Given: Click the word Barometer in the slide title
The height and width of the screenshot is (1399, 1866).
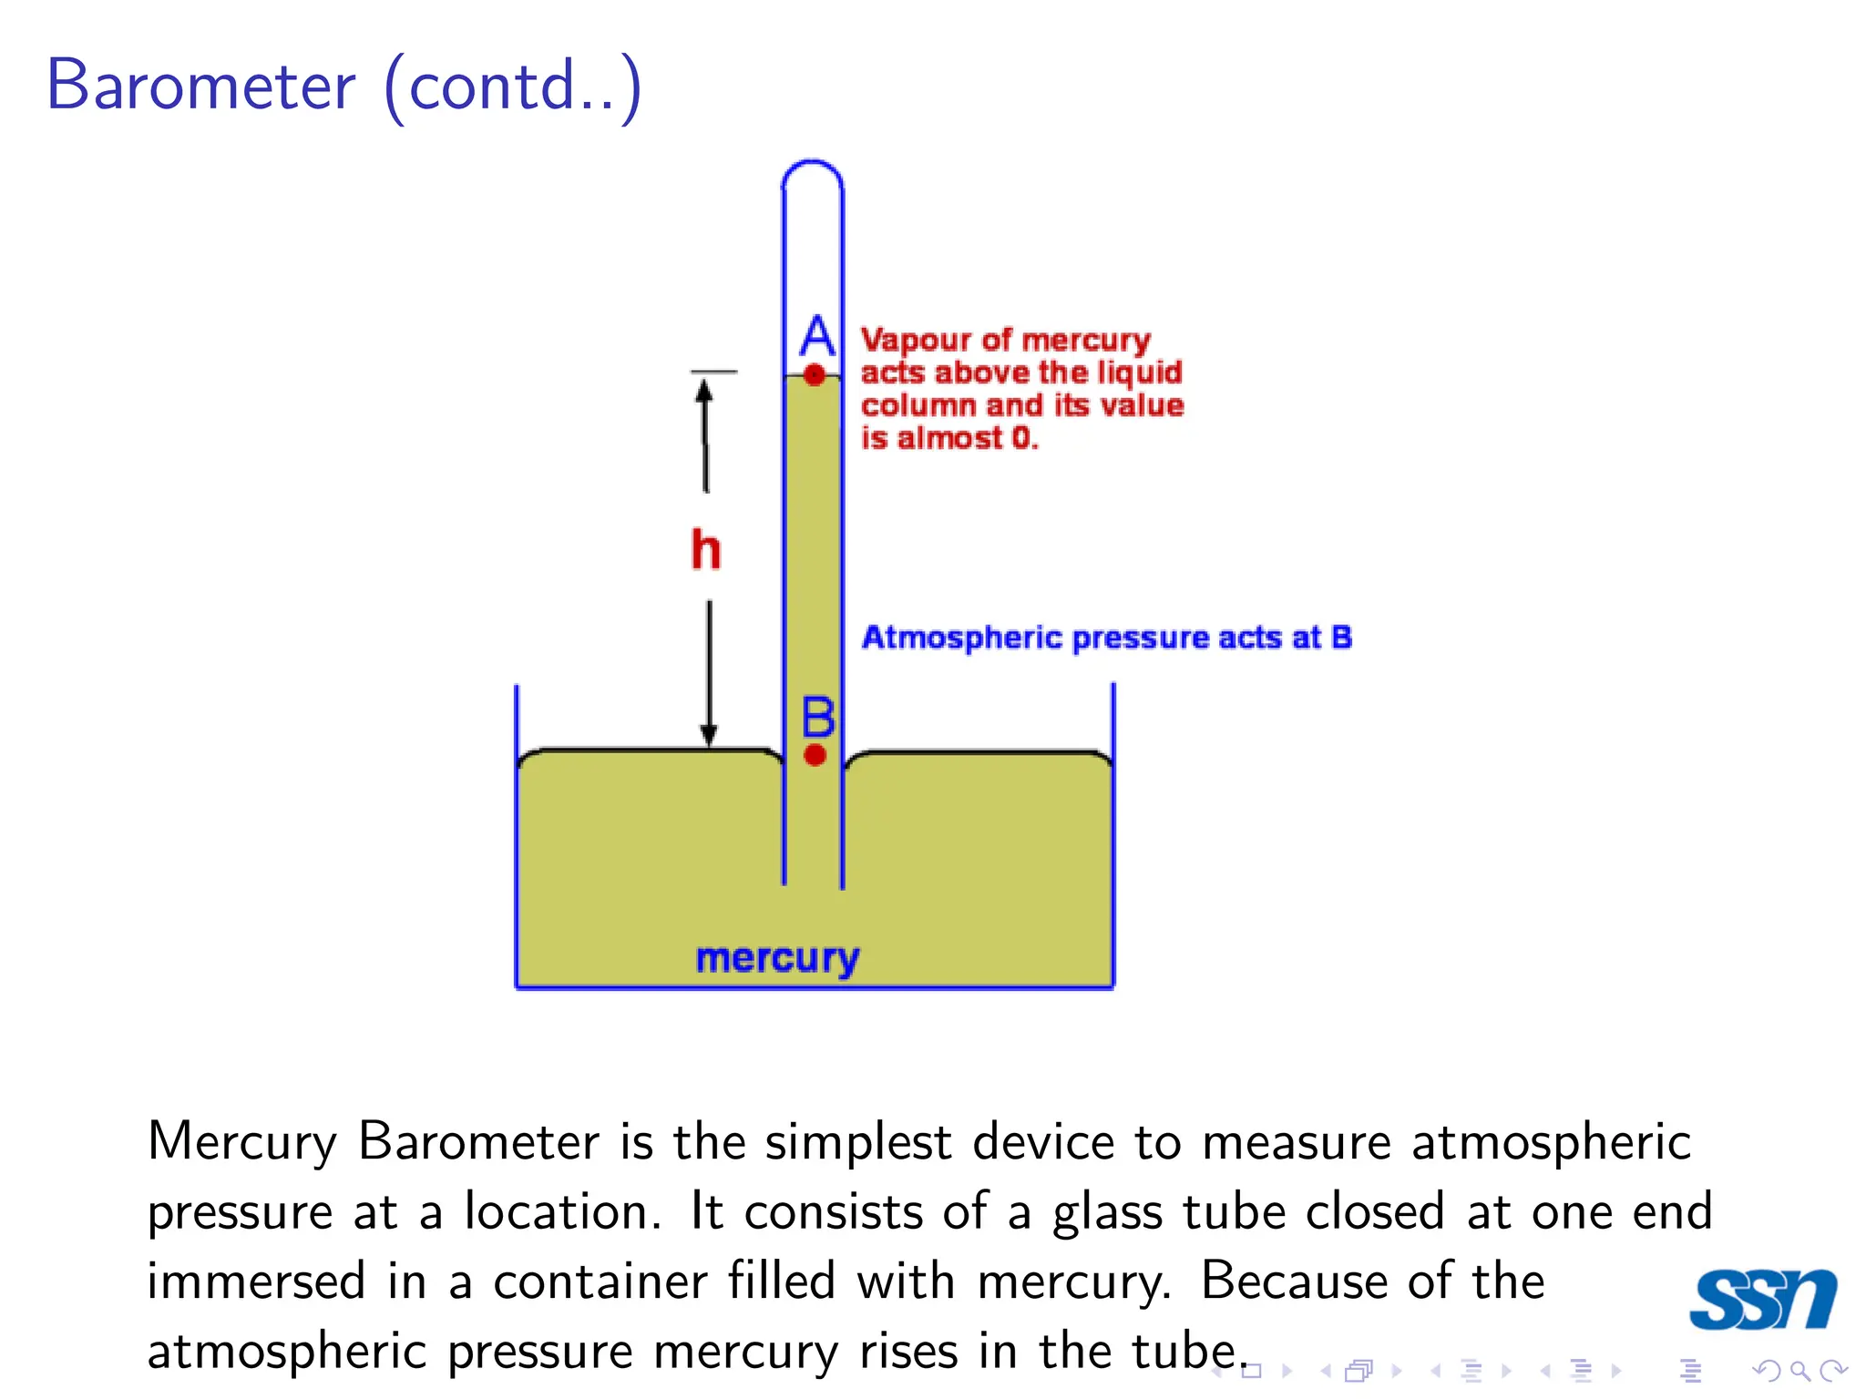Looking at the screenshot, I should pyautogui.click(x=200, y=87).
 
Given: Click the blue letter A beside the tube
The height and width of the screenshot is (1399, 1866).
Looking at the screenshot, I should pyautogui.click(x=817, y=336).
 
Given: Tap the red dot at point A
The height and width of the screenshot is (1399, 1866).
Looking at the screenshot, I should pyautogui.click(x=815, y=374).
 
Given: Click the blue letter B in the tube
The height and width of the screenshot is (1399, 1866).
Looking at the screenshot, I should pyautogui.click(x=817, y=717).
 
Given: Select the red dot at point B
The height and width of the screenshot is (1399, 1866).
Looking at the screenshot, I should pyautogui.click(x=815, y=754).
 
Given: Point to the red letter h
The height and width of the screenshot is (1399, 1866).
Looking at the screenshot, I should pyautogui.click(x=705, y=549).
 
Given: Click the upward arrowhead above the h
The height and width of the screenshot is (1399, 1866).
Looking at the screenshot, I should pyautogui.click(x=703, y=390).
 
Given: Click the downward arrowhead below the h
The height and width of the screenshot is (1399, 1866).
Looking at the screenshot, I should pyautogui.click(x=708, y=734).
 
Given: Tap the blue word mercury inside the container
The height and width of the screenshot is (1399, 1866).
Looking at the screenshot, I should pyautogui.click(x=777, y=958).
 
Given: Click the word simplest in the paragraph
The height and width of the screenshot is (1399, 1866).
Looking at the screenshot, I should pyautogui.click(x=857, y=1142).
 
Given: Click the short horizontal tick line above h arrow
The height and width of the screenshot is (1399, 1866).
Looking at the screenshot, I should pyautogui.click(x=713, y=372).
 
